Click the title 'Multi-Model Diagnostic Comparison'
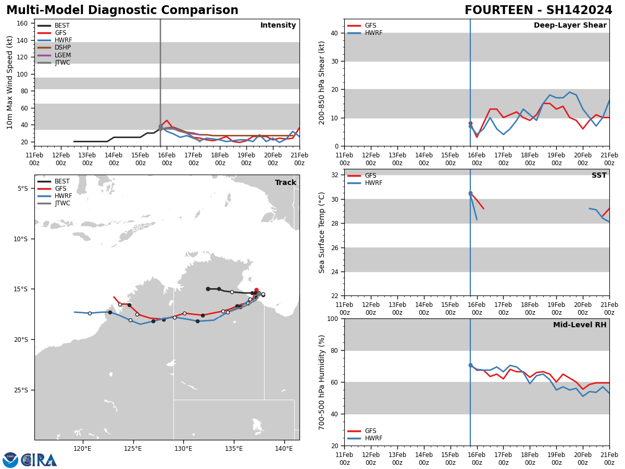(x=122, y=10)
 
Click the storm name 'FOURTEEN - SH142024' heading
(x=538, y=10)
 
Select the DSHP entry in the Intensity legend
(x=63, y=47)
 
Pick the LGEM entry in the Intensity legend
(x=63, y=55)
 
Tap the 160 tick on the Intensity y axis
(x=22, y=23)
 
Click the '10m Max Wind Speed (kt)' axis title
(x=10, y=82)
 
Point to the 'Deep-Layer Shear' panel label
(x=570, y=26)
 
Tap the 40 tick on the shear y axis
(x=333, y=33)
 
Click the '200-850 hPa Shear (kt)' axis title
(x=322, y=82)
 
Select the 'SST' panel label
(x=598, y=176)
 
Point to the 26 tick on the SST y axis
(x=333, y=248)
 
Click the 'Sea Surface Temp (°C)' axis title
(x=322, y=232)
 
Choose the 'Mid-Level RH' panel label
(x=579, y=325)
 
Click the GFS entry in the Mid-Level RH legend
(x=370, y=431)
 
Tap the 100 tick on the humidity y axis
(x=331, y=318)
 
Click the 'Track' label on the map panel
(x=285, y=183)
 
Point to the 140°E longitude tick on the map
(x=284, y=448)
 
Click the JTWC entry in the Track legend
(x=63, y=203)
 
